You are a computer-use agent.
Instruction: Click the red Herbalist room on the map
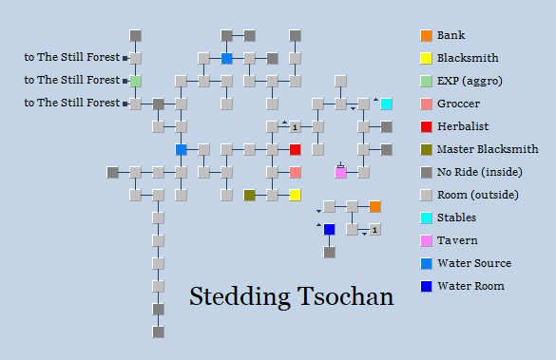[x=296, y=149]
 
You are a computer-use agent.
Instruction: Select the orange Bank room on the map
[x=375, y=206]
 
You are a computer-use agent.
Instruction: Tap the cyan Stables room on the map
[x=386, y=104]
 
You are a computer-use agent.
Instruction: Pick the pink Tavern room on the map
[x=340, y=172]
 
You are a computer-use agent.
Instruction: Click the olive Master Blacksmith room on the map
[x=249, y=195]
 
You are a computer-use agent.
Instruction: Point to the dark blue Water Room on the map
[x=329, y=229]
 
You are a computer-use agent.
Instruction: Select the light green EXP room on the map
[x=136, y=81]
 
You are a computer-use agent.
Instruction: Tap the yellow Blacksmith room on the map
[x=296, y=195]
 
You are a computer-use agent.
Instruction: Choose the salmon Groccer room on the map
[x=296, y=172]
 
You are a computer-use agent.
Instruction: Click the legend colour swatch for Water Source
[x=426, y=263]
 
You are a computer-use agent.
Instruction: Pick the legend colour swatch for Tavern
[x=426, y=240]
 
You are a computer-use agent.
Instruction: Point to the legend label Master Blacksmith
[x=488, y=149]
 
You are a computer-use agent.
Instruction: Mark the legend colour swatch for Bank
[x=426, y=35]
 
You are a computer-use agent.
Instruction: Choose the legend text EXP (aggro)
[x=470, y=81]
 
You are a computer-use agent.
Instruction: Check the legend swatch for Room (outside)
[x=426, y=195]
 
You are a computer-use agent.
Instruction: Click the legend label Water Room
[x=470, y=286]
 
